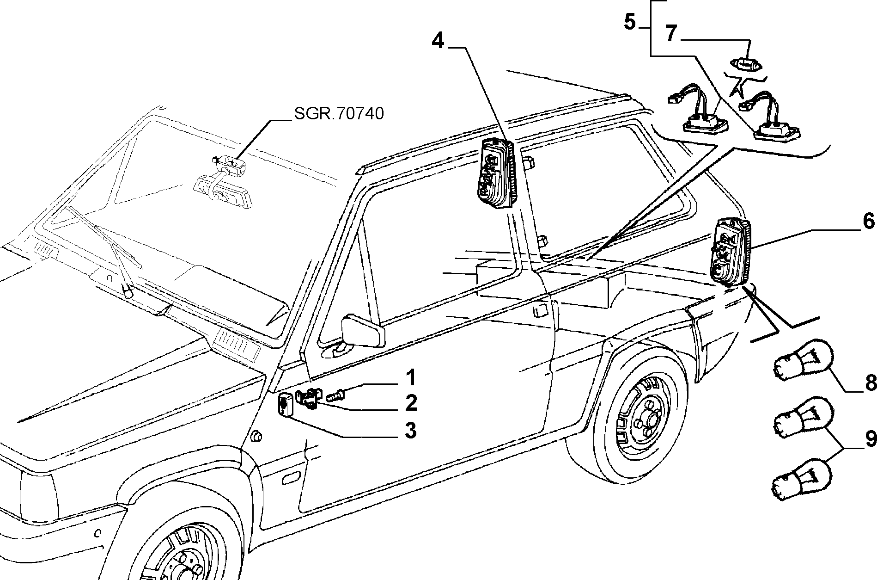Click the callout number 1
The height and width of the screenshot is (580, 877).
pyautogui.click(x=410, y=378)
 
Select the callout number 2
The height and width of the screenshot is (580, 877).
pyautogui.click(x=410, y=403)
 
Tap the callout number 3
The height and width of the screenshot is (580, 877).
pyautogui.click(x=410, y=431)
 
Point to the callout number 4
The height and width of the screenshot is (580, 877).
pyautogui.click(x=438, y=42)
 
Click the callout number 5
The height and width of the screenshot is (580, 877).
pyautogui.click(x=630, y=22)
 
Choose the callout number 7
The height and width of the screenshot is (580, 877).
pyautogui.click(x=670, y=34)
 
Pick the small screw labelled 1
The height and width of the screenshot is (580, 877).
pyautogui.click(x=335, y=396)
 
